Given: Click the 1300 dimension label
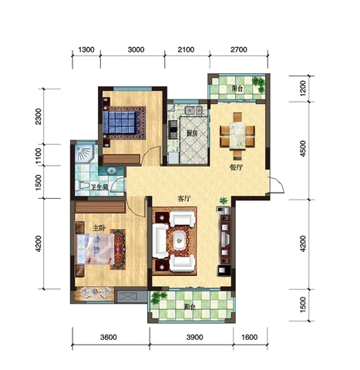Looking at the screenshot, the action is coord(86,49).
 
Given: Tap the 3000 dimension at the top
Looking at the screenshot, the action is coord(136,49).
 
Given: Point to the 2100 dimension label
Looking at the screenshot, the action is coord(186,49).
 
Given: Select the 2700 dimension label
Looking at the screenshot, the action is coord(239,49).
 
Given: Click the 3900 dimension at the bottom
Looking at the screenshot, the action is coord(194,337).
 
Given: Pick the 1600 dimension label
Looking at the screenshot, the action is coord(249,337).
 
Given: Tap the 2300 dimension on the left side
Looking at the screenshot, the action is coord(39,116).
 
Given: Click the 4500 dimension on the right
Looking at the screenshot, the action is coord(303,149).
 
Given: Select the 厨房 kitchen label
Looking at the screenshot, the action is coord(192,133).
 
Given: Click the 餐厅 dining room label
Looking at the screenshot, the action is coord(236,167).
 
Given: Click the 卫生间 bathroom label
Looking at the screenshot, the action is coord(99,187).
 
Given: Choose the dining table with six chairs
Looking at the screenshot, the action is coord(237,135).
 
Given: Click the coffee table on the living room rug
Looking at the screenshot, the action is coord(179,240).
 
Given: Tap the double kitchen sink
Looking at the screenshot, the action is coord(193,110).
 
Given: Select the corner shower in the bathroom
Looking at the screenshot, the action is coord(84,154).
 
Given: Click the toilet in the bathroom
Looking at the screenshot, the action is coord(82,186).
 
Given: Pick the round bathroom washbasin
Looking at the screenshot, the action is coord(112,171).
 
